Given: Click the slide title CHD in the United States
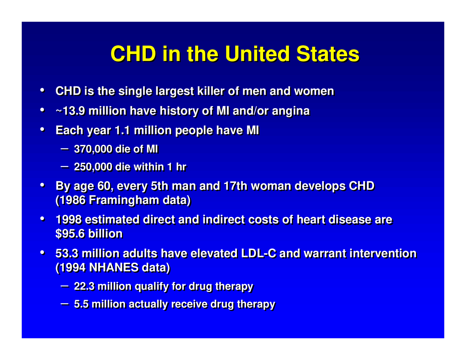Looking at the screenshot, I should pos(235,54).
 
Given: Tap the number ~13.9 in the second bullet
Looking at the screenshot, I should pos(70,111).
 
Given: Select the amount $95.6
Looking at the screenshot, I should pos(70,234).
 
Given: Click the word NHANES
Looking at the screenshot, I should pos(114,268).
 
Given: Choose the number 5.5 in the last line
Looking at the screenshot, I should pos(81,304).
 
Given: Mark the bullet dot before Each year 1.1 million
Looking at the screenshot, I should pos(43,130).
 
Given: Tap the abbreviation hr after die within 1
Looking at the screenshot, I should pos(181,167).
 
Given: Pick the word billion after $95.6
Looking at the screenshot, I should pos(105,234).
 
